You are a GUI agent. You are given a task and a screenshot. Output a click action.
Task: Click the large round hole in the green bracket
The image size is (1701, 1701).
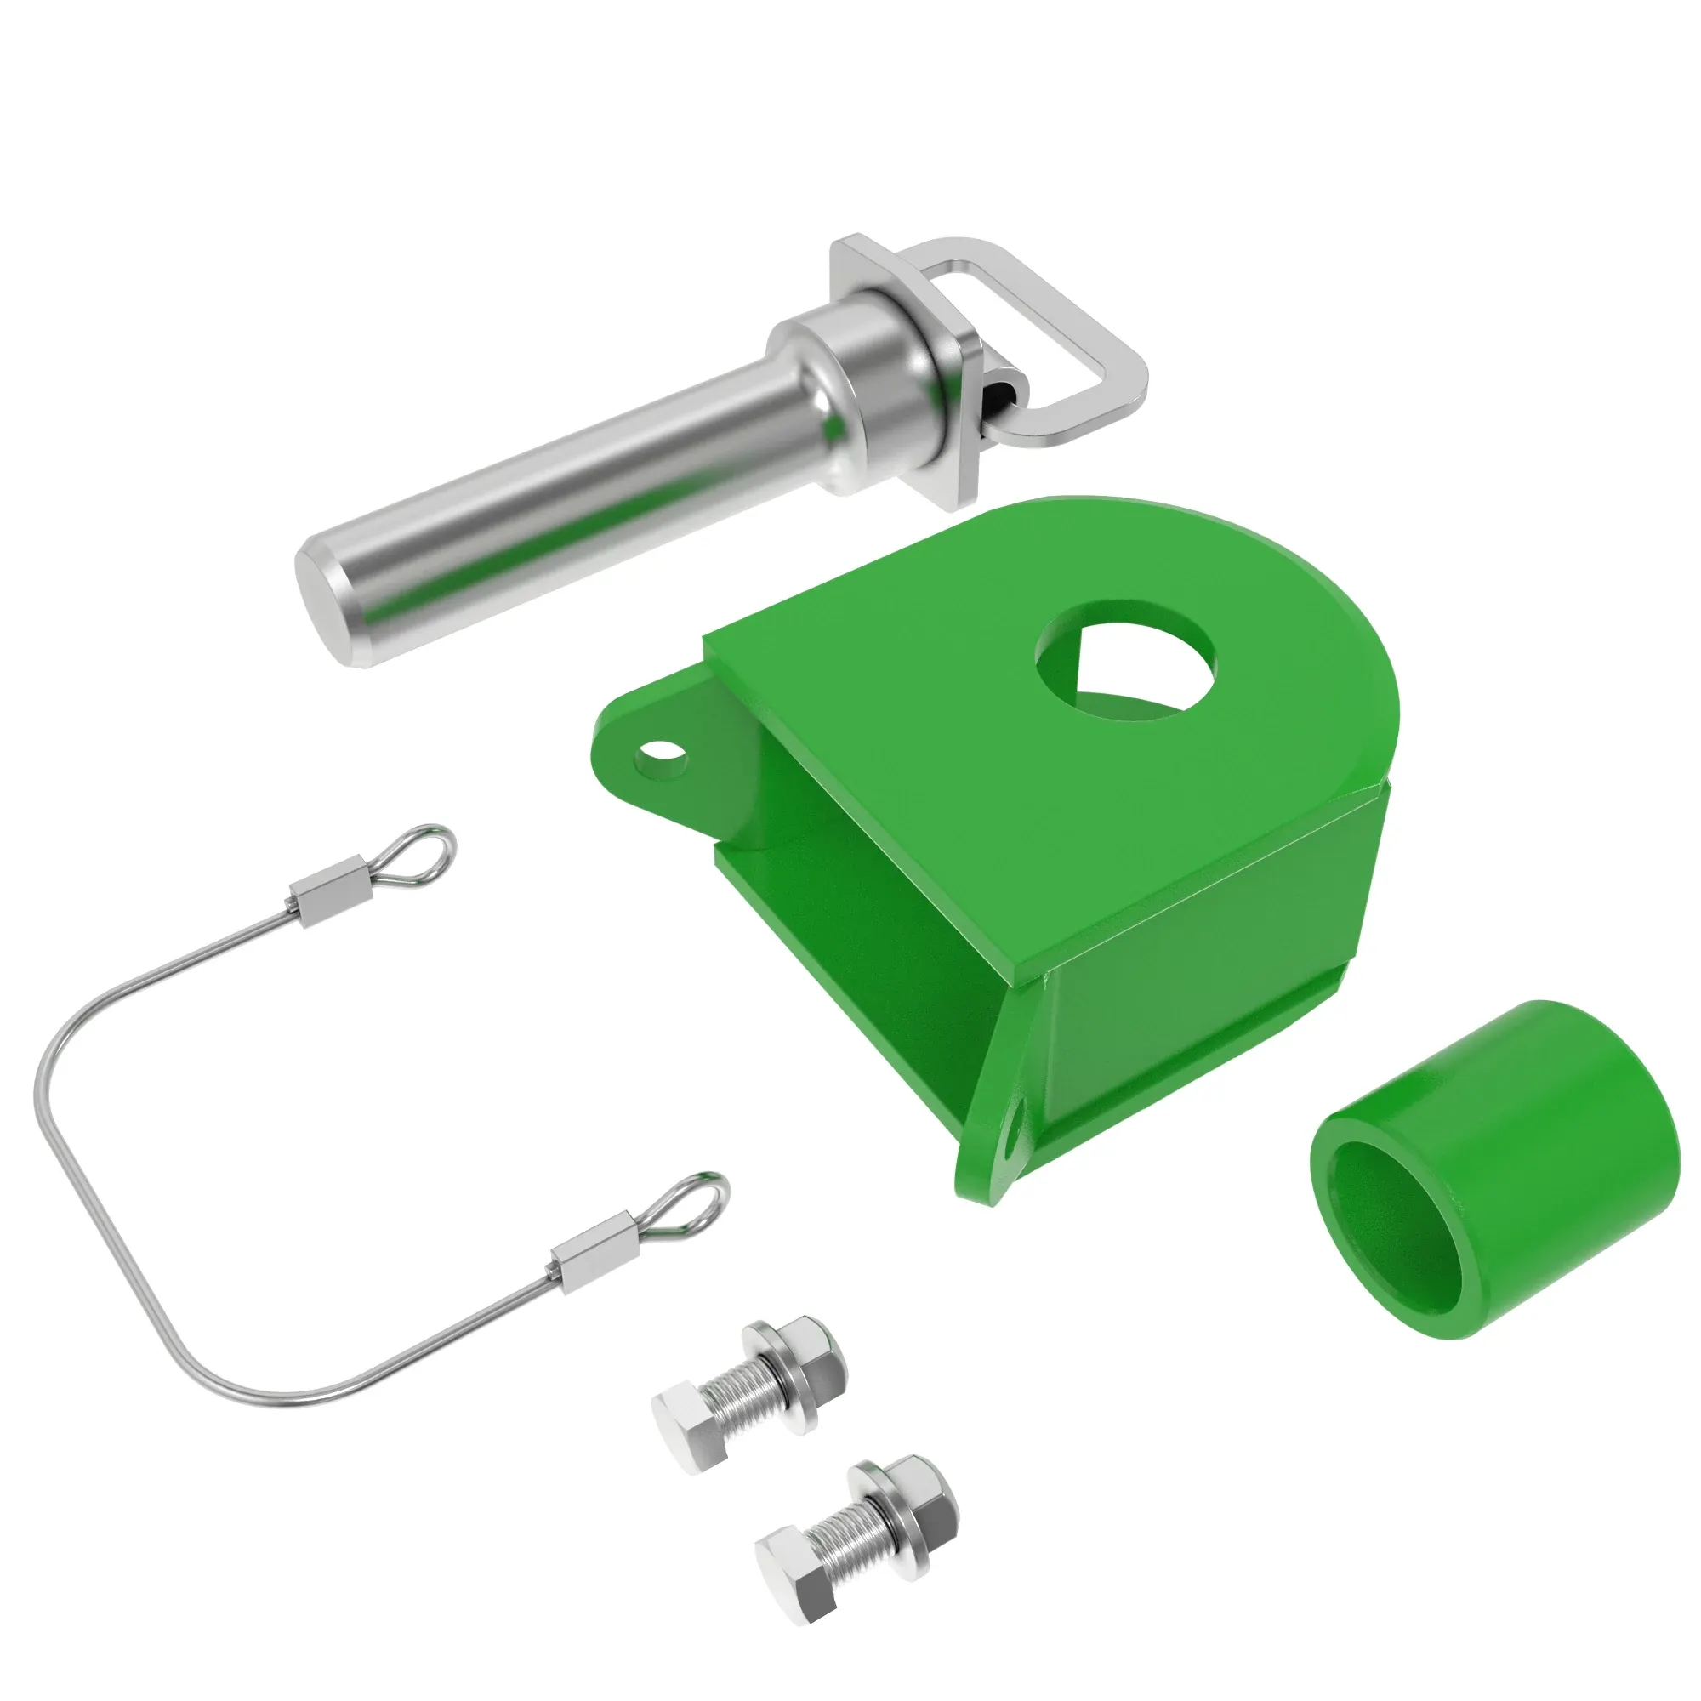[1125, 657]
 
